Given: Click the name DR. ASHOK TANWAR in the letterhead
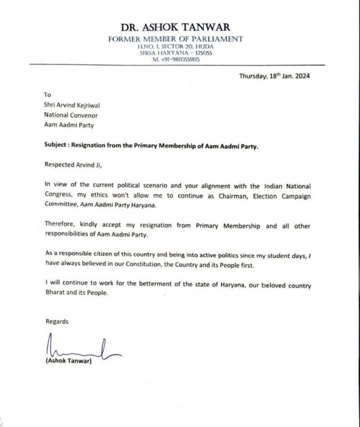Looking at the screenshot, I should [x=176, y=28].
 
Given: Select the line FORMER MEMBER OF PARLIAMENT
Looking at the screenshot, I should [x=176, y=39].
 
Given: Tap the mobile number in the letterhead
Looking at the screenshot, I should [x=176, y=59].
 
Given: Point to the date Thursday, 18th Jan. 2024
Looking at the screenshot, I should [x=274, y=76].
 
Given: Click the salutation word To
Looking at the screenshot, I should [x=48, y=94].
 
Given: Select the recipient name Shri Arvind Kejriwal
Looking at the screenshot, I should [x=72, y=105].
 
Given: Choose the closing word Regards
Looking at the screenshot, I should [x=57, y=322].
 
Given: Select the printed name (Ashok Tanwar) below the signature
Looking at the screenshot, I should [x=69, y=363].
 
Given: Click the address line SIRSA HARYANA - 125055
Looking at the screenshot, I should [x=176, y=53].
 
